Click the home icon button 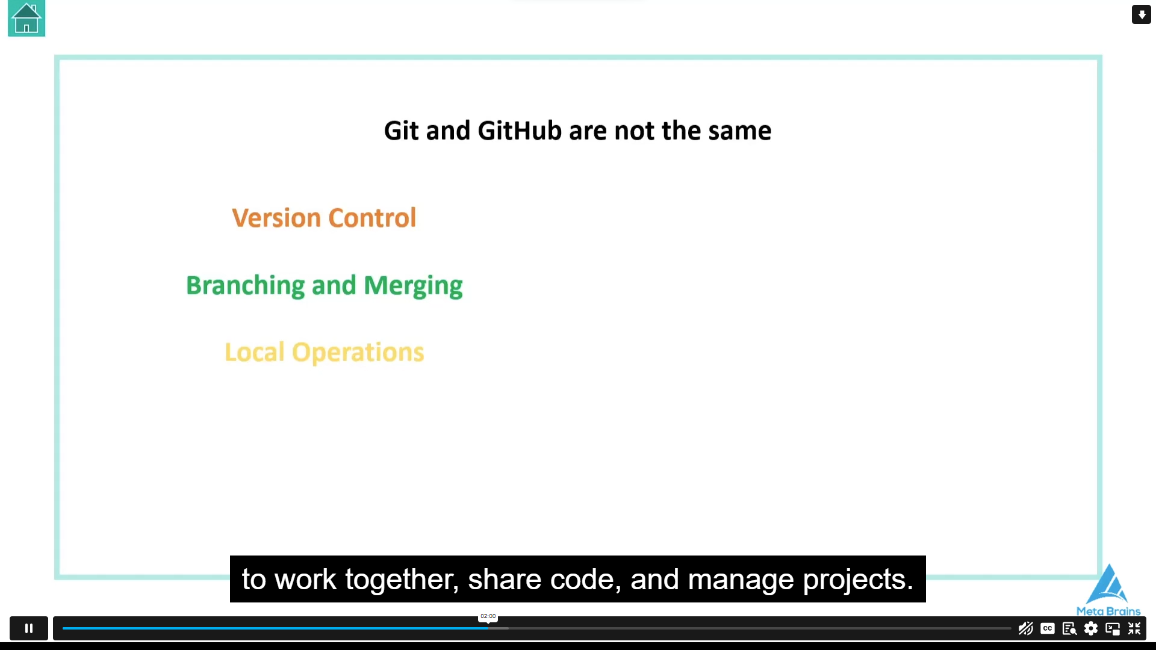coord(26,19)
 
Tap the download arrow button coord(1141,14)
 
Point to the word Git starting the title coord(402,131)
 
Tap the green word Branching coord(245,286)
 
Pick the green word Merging coord(413,286)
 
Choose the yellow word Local coord(254,352)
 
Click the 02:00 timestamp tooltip coord(488,616)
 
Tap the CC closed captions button coord(1048,628)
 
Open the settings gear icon coord(1091,628)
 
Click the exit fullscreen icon coord(1134,628)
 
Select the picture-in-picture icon coord(1113,629)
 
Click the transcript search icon coord(1069,629)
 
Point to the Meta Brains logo coord(1108,590)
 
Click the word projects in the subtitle coord(859,580)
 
